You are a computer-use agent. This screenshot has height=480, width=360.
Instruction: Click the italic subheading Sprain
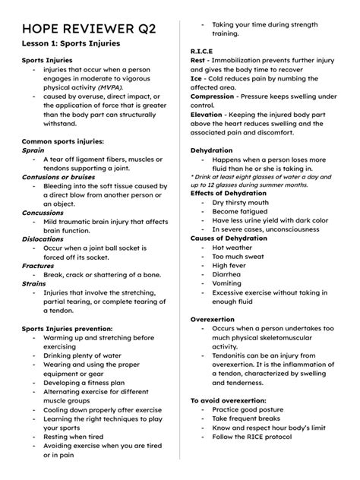click(33, 150)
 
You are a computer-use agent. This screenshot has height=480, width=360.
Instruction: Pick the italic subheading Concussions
click(43, 214)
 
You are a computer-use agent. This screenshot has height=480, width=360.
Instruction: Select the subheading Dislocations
click(43, 238)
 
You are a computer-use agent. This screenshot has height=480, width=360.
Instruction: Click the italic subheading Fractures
click(37, 266)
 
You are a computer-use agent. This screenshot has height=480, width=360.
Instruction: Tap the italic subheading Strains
click(34, 283)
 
